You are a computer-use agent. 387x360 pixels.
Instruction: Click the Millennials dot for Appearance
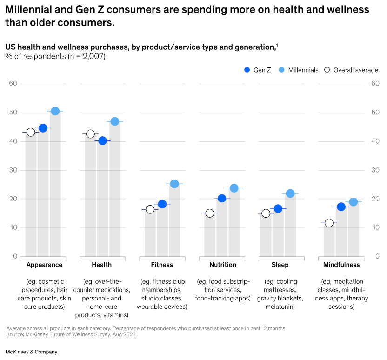[55, 111]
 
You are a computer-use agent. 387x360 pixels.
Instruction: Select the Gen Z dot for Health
[102, 140]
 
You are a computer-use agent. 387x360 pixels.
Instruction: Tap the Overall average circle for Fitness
[150, 209]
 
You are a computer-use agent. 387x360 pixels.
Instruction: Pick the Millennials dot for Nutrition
[234, 188]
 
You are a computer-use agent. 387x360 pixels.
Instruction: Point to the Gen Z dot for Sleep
[278, 208]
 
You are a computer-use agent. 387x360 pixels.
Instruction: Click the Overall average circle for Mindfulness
[329, 223]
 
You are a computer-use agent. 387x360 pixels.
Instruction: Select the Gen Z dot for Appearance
[43, 128]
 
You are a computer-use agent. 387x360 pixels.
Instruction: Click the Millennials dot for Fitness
[174, 184]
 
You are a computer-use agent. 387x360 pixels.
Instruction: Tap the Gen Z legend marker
[247, 70]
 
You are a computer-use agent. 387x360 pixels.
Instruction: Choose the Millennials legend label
[303, 70]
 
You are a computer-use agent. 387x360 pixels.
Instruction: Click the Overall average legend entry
[351, 70]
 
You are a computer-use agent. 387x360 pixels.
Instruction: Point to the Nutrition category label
[222, 265]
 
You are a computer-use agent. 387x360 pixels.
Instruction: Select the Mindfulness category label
[341, 265]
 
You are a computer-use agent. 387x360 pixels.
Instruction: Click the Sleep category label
[280, 265]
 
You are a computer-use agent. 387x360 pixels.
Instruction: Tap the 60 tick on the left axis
[13, 84]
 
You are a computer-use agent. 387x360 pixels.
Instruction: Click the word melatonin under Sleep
[280, 307]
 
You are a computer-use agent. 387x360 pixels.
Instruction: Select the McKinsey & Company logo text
[31, 352]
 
